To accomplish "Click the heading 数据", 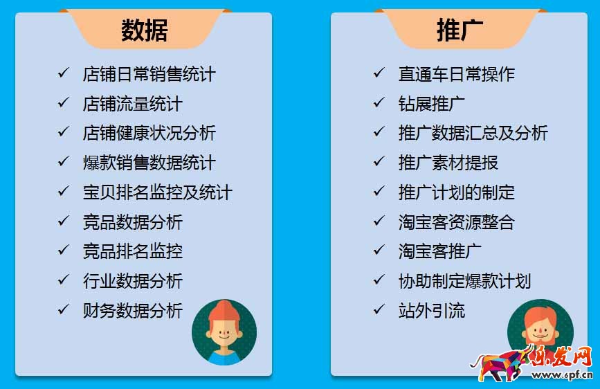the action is point(145,30).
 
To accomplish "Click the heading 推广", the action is point(460,30).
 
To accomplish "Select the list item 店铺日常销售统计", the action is point(149,74).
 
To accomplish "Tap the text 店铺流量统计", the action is point(133,104).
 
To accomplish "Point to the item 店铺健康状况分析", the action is point(149,133).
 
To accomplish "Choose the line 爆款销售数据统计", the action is point(149,163).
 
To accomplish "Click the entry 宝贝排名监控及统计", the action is point(158,192).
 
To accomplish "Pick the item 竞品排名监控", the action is point(133,251).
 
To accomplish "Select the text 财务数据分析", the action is point(133,311).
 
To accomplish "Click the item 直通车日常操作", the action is point(457,74).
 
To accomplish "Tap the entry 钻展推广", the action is point(432,104).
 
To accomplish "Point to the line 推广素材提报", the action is point(448,163).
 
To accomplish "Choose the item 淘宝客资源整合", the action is point(457,222).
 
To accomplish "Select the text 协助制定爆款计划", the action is point(464,281).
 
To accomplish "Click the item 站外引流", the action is point(432,311).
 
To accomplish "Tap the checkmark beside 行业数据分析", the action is point(64,280).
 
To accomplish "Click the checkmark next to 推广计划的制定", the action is point(379,191).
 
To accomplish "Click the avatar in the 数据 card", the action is point(224,332).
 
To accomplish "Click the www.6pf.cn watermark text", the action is point(562,375).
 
